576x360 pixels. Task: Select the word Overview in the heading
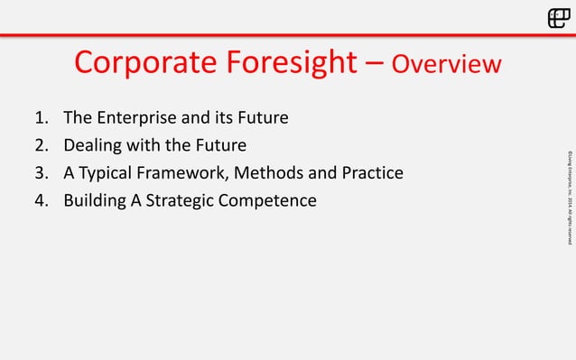point(447,64)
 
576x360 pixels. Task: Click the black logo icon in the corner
point(558,18)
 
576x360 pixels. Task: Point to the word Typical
point(111,172)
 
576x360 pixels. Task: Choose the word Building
point(94,199)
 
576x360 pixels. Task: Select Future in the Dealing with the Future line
point(222,145)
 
